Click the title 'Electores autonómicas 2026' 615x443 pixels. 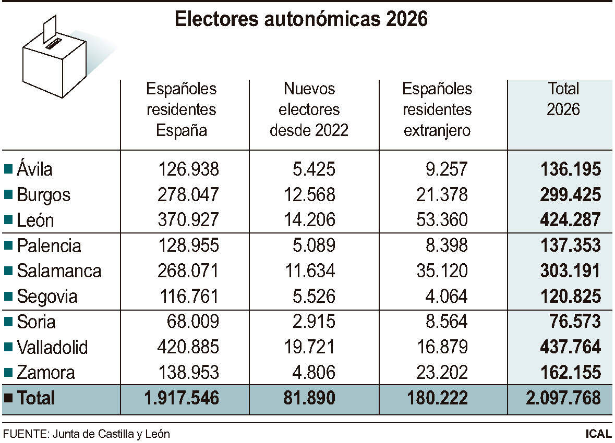click(x=301, y=19)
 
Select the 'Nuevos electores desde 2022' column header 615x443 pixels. click(x=309, y=109)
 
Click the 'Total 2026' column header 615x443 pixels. click(x=563, y=99)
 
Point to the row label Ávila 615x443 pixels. click(x=34, y=169)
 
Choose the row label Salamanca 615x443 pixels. click(x=59, y=271)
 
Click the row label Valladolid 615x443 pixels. click(x=52, y=347)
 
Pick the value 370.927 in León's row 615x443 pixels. click(x=188, y=220)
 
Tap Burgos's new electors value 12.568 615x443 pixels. click(x=309, y=194)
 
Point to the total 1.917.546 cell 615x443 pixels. click(x=182, y=398)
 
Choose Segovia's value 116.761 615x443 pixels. click(x=188, y=297)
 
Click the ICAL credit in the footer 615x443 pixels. click(x=598, y=434)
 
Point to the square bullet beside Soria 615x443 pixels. click(x=8, y=322)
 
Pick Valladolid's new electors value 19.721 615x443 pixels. click(x=309, y=347)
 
